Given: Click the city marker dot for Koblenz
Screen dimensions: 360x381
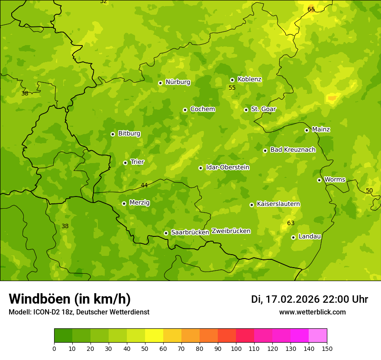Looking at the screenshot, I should point(232,80).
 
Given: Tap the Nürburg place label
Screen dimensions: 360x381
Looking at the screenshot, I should point(178,82).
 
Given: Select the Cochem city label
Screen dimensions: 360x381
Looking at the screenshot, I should point(202,109).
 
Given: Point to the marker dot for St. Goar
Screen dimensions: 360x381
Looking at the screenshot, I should point(246,110).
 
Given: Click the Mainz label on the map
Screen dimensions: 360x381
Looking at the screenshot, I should point(321,130).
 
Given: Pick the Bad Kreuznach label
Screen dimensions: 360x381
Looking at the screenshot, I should point(293,150).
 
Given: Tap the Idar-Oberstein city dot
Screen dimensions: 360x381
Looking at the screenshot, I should point(200,168).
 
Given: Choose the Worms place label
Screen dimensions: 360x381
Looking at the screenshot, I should point(334,180).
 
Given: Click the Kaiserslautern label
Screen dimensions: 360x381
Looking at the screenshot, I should point(278,204).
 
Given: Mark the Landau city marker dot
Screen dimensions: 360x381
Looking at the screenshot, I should point(293,237).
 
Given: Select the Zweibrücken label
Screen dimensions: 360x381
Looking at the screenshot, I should point(231,231).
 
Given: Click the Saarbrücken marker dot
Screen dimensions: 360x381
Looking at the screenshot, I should point(166,233).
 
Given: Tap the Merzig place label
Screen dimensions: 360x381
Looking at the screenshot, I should point(139,203).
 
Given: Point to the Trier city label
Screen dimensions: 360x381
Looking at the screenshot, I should point(137,162).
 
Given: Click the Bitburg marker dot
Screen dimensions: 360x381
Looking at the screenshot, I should point(113,134).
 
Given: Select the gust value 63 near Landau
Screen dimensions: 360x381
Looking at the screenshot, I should point(291,223).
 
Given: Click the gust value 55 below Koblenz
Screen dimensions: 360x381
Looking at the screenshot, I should point(232,88).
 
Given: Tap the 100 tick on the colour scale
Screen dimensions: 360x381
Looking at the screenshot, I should point(236,348).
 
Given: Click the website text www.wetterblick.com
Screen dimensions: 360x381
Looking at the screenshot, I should point(312,312).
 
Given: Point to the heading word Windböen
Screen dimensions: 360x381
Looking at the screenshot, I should point(39,299).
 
